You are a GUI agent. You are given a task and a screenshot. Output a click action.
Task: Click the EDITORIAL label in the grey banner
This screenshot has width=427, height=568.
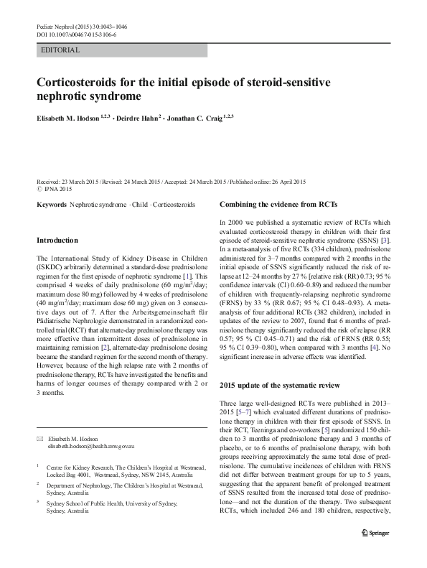(x=60, y=50)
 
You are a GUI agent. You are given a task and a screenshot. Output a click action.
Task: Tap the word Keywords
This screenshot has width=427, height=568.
(x=50, y=205)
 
